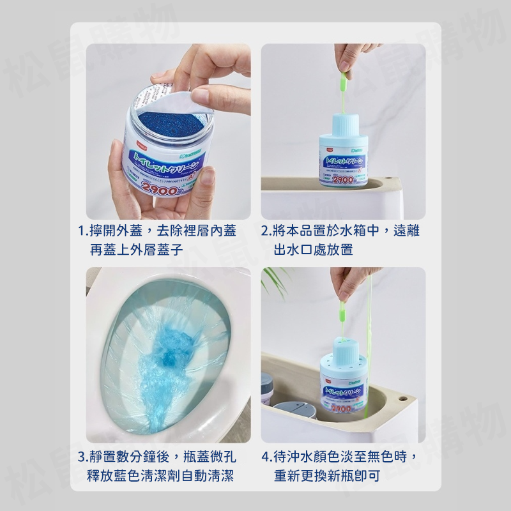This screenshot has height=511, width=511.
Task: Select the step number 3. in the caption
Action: coord(82,457)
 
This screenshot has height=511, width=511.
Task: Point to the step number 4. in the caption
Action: coord(267,457)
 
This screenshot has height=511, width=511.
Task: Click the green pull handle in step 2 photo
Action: coord(343,82)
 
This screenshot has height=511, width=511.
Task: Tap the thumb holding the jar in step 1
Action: coord(118,172)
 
